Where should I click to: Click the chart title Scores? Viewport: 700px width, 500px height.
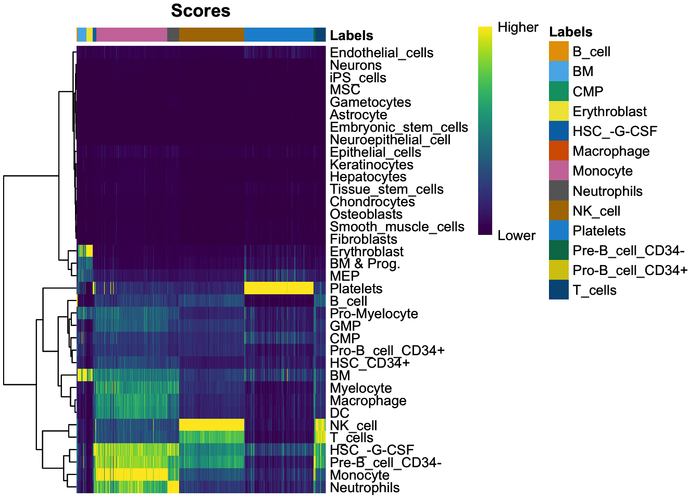201,11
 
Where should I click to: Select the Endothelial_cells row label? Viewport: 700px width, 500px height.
381,53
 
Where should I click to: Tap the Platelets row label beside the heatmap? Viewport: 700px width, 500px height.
356,289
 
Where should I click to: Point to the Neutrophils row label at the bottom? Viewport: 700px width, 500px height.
365,488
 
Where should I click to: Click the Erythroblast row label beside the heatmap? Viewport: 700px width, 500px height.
367,252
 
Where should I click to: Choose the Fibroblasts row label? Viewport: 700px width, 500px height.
364,240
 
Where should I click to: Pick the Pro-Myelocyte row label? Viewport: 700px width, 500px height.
374,314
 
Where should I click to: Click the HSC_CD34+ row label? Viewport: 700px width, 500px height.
370,364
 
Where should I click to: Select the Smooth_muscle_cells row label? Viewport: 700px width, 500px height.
397,227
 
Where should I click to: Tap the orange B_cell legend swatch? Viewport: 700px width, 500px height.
559,52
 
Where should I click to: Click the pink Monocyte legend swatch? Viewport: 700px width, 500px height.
559,171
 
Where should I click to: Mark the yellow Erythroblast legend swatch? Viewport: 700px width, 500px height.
559,111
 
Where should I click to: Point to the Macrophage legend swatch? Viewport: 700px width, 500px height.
559,151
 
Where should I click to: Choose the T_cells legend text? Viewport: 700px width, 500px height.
594,291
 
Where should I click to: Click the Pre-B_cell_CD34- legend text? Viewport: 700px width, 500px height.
628,251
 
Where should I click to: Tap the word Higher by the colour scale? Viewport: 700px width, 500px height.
518,28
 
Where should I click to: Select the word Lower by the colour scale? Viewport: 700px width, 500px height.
516,236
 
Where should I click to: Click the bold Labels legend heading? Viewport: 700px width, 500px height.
570,32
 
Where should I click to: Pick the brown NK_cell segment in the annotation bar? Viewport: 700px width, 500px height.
211,34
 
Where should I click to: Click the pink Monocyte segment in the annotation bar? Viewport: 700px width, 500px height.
132,34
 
